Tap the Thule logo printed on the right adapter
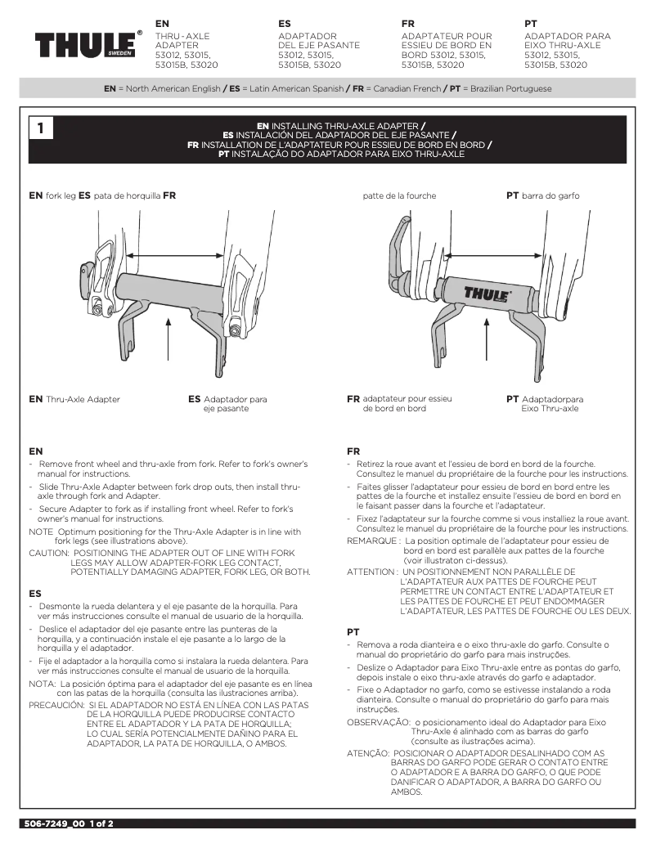[x=488, y=292]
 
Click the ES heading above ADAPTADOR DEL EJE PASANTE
[x=285, y=25]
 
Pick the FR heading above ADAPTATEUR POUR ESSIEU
[x=408, y=25]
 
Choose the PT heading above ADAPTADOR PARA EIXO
[x=530, y=25]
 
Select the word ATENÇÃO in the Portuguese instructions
[x=367, y=752]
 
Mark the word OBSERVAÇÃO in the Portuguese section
[x=378, y=722]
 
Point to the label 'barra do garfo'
[x=547, y=195]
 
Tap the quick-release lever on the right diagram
[x=402, y=245]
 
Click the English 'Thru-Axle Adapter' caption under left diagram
[x=83, y=399]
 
